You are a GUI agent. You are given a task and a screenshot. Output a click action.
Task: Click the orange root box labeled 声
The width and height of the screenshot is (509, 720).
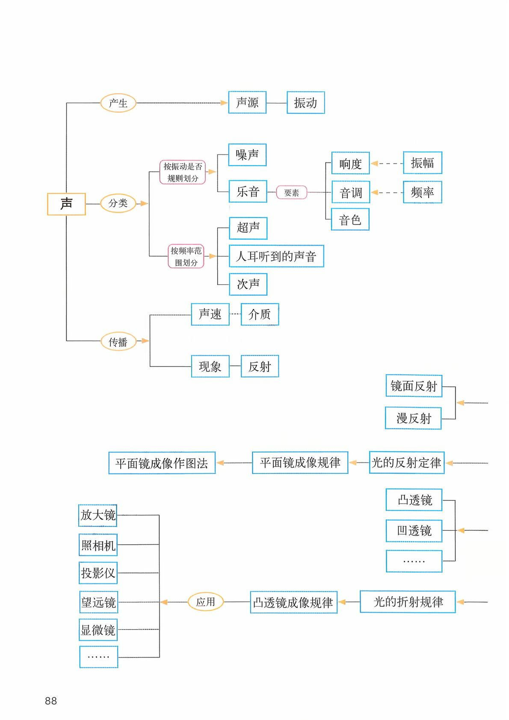coord(66,204)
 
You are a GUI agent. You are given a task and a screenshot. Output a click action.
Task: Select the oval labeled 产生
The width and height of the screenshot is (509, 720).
coord(118,103)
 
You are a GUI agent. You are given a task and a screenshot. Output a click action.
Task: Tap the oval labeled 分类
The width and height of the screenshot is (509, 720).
coord(118,203)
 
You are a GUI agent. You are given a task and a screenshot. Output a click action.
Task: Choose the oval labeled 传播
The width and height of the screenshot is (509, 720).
coord(118,342)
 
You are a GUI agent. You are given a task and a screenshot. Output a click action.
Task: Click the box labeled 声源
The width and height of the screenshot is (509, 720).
coord(247,103)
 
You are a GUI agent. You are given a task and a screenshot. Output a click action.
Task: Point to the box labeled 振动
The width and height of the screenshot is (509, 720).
coord(305,103)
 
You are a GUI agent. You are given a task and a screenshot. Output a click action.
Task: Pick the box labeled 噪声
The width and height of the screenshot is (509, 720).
coord(247,155)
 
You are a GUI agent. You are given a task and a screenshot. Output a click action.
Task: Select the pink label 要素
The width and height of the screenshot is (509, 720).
coord(291,193)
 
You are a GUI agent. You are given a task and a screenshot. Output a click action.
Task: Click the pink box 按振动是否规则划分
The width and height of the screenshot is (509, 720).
coord(183,172)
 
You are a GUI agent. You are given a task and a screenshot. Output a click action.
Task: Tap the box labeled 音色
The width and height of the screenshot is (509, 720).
coord(350,220)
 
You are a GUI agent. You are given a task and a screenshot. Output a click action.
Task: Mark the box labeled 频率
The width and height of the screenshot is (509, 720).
coord(422,192)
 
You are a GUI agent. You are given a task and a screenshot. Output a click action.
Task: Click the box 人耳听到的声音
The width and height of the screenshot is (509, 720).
coord(276,256)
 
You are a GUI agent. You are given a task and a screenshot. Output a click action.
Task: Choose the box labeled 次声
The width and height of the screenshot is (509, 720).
coord(248,284)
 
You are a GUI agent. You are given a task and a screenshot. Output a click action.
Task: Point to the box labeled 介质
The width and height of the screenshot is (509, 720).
coord(260,315)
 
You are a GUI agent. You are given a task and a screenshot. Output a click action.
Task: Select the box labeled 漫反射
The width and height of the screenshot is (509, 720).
coord(413,418)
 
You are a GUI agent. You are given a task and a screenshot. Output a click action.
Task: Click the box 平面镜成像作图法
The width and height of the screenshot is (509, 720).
coord(162,463)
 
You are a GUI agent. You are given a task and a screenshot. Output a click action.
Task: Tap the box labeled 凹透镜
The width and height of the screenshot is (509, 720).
coord(414,531)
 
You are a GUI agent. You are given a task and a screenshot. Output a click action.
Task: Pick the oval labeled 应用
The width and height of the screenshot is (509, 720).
coord(206,602)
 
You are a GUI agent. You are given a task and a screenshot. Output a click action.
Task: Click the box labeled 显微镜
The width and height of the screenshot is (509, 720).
coord(98,630)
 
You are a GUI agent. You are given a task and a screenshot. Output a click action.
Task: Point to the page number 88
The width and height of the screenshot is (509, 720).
coord(51,701)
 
